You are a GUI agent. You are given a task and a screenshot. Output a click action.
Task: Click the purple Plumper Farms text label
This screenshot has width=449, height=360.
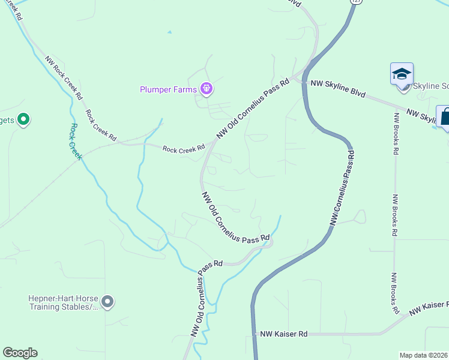pyautogui.click(x=168, y=90)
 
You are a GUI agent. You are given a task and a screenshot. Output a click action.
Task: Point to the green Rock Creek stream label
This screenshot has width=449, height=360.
pyautogui.click(x=76, y=142)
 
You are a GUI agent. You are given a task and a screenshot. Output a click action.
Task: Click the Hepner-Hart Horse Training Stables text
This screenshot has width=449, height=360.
pyautogui.click(x=63, y=302)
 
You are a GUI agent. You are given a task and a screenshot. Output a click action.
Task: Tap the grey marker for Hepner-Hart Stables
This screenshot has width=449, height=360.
pyautogui.click(x=107, y=302)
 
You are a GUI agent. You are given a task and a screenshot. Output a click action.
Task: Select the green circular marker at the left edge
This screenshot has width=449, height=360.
pyautogui.click(x=23, y=120)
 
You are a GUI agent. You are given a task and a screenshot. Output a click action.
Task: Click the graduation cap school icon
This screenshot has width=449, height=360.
pyautogui.click(x=402, y=74)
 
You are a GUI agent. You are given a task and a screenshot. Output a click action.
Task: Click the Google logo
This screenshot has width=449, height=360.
pyautogui.click(x=20, y=353)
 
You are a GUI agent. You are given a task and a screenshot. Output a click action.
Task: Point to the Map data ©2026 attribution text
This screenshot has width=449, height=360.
pyautogui.click(x=423, y=355)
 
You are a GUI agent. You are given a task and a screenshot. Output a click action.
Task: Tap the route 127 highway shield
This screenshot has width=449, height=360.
pyautogui.click(x=357, y=2)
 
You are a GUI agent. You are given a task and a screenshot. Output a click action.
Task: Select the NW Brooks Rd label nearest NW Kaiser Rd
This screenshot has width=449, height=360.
pyautogui.click(x=395, y=294)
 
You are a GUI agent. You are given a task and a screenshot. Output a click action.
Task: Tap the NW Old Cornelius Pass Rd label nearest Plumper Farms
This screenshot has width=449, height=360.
pyautogui.click(x=253, y=109)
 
